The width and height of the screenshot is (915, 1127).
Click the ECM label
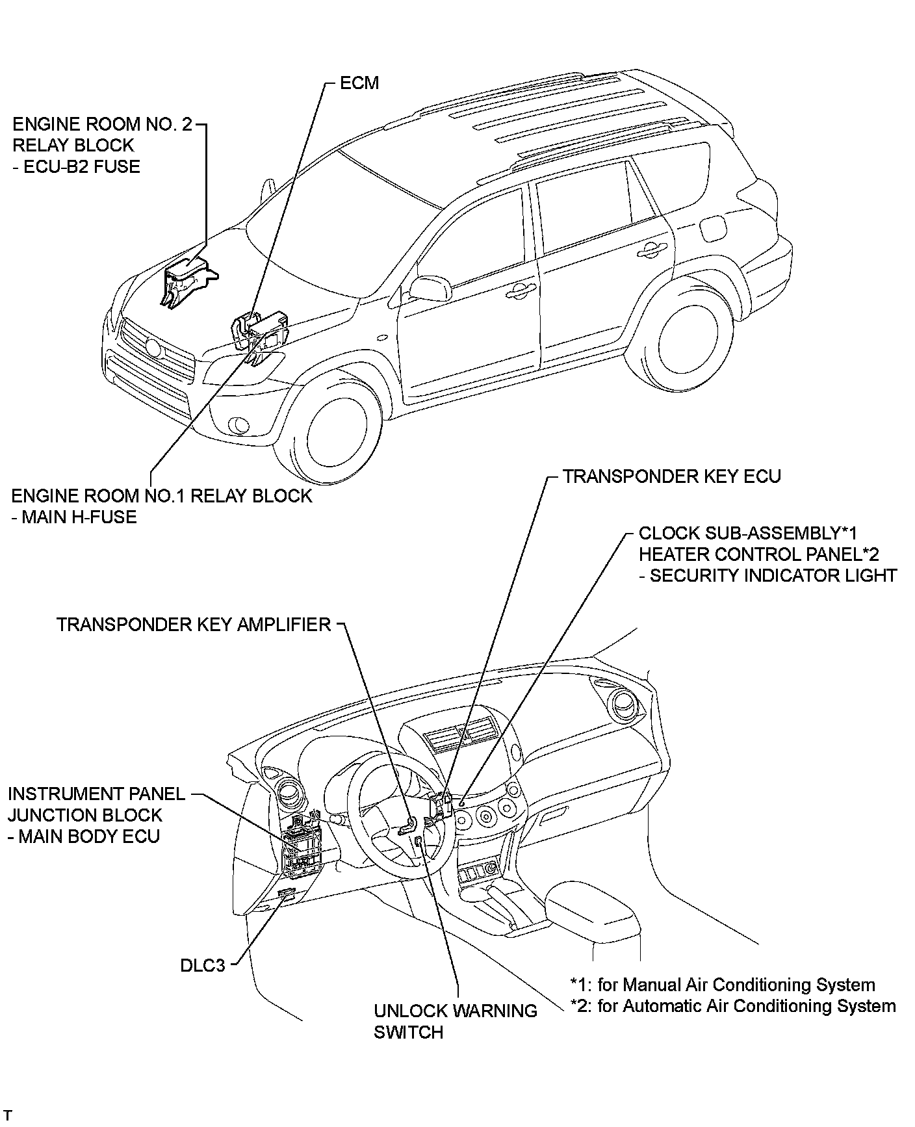pos(359,83)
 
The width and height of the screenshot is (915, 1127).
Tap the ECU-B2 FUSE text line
pos(77,166)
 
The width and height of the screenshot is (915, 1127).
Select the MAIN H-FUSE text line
pos(74,517)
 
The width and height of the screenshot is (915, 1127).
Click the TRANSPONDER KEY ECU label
pos(671,476)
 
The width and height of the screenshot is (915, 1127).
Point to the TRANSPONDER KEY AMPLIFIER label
pos(194,625)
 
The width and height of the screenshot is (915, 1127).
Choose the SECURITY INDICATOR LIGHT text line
pos(767,575)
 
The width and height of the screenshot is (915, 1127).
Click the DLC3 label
pos(202,965)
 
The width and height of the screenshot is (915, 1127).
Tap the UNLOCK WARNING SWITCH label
pos(455,1021)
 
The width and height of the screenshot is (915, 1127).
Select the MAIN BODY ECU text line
pos(84,836)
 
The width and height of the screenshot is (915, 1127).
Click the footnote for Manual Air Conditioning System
pos(723,985)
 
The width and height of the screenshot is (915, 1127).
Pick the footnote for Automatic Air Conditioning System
pos(733,1005)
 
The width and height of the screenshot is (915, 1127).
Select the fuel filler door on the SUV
pos(714,229)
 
